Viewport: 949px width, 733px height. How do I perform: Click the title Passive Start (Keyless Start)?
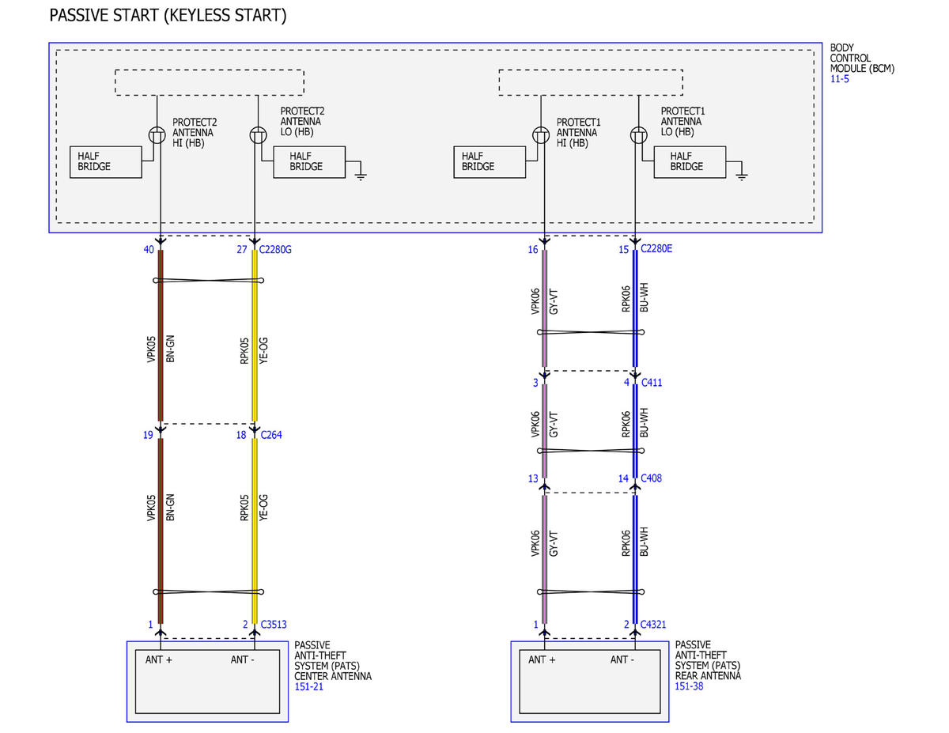tap(168, 16)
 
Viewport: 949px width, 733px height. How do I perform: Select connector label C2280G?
tap(275, 249)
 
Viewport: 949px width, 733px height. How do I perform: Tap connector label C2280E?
tap(656, 248)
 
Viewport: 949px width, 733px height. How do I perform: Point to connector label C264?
tap(271, 435)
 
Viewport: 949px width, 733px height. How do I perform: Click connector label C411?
tap(652, 383)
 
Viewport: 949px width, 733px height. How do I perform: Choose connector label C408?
tap(651, 478)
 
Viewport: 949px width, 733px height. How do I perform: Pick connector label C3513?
tap(274, 625)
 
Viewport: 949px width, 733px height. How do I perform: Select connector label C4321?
tap(653, 625)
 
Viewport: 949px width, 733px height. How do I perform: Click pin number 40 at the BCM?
tap(149, 249)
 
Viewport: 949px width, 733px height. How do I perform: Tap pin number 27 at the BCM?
tap(242, 249)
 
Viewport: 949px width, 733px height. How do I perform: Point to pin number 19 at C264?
tap(148, 435)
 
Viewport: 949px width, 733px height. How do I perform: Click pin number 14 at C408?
tap(623, 478)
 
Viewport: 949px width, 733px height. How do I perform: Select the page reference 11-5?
tap(839, 79)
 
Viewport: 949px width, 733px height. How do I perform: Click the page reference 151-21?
tap(308, 686)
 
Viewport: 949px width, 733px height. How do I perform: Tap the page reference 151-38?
tap(689, 686)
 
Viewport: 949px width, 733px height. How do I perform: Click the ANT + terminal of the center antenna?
tap(158, 659)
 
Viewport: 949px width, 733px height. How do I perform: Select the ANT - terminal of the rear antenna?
tap(622, 659)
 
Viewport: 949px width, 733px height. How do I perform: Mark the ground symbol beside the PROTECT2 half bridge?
tap(361, 176)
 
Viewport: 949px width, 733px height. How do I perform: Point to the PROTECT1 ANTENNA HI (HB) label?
tap(578, 132)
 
